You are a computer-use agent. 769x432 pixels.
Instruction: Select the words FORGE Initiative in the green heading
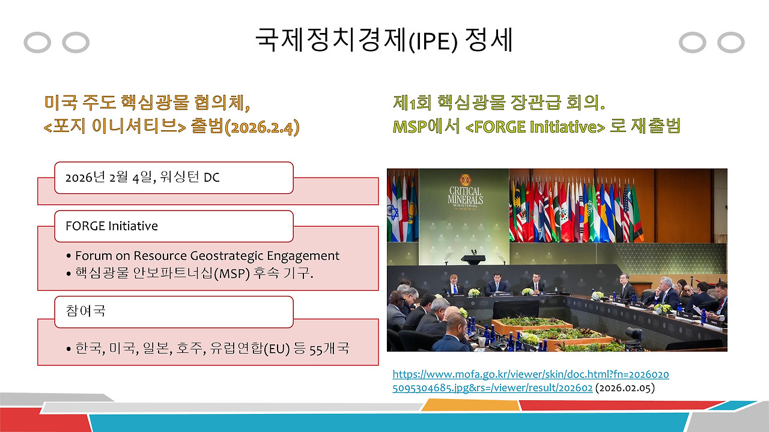[x=535, y=127]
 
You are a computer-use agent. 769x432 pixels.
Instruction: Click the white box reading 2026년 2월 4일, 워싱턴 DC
[x=174, y=178]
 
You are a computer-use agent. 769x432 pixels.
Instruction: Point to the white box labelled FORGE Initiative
[x=174, y=226]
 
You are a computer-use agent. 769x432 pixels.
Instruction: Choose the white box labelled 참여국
[x=174, y=312]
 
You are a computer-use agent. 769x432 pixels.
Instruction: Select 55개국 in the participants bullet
[x=329, y=348]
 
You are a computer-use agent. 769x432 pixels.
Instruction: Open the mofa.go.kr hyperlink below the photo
[x=530, y=381]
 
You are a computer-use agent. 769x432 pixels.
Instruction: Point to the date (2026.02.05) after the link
[x=625, y=388]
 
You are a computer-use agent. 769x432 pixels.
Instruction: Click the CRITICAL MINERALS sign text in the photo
[x=464, y=196]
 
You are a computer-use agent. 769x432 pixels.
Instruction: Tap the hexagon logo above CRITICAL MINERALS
[x=464, y=180]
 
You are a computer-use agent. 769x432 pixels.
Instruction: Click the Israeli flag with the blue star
[x=393, y=213]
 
